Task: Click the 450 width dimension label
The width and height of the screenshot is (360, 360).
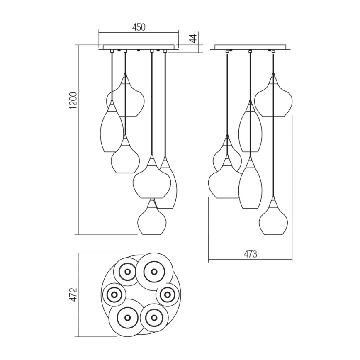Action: click(x=139, y=27)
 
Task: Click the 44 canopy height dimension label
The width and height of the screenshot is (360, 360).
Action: click(x=192, y=39)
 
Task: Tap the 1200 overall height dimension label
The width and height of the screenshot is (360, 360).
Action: click(x=73, y=100)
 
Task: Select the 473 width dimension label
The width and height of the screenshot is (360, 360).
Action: click(x=250, y=254)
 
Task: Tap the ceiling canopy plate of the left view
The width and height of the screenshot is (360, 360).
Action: click(x=138, y=47)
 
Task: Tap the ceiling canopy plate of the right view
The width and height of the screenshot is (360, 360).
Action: click(x=250, y=47)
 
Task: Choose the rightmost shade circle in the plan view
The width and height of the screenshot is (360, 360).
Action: click(x=168, y=294)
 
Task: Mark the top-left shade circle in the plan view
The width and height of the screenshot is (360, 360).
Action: click(x=126, y=272)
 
